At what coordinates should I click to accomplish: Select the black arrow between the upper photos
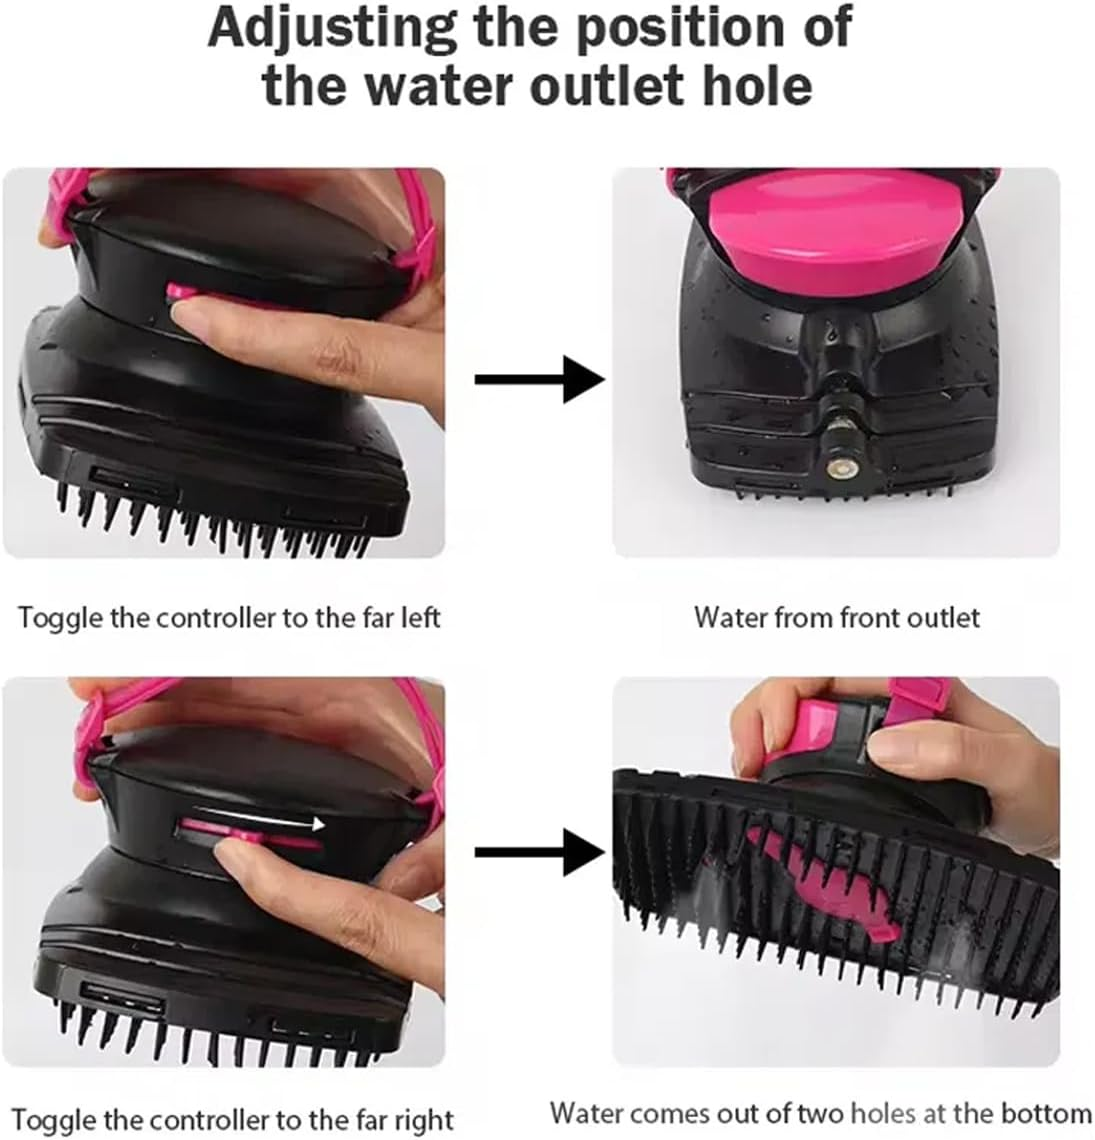pyautogui.click(x=539, y=380)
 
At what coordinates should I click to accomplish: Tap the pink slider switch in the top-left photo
pyautogui.click(x=181, y=291)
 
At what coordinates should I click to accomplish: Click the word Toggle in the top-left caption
pyautogui.click(x=59, y=617)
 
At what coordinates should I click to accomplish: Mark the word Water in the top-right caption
pyautogui.click(x=730, y=617)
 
